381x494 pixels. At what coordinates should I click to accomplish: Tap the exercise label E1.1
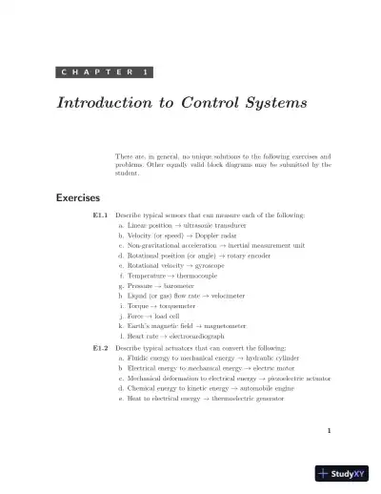point(100,216)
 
